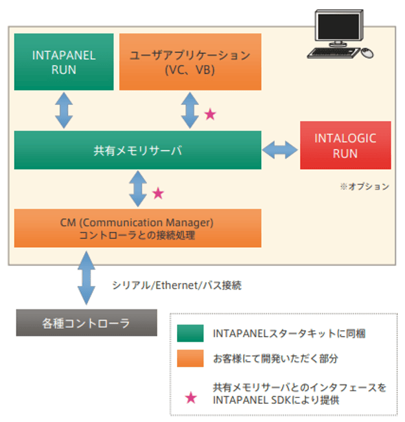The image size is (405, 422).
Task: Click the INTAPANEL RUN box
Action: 64,62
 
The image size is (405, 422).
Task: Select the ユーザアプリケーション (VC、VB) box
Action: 190,62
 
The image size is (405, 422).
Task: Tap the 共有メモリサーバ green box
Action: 137,151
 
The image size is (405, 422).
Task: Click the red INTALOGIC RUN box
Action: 345,146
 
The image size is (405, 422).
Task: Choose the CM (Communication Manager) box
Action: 137,228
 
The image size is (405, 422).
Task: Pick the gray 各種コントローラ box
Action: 86,322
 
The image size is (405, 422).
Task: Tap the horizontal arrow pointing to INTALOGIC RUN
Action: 281,151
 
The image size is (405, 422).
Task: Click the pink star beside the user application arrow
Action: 211,115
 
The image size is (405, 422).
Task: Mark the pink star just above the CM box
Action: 158,194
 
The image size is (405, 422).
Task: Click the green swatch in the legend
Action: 191,333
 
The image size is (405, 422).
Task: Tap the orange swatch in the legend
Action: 191,358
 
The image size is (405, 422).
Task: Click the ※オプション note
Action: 364,186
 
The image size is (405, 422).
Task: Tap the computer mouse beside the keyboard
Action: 368,52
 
